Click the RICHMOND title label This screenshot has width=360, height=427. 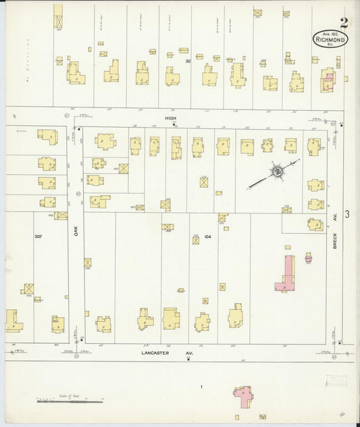[330, 39]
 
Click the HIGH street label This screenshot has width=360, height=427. [172, 118]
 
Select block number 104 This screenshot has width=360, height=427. [207, 237]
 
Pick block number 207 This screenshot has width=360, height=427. [38, 236]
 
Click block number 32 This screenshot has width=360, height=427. [189, 61]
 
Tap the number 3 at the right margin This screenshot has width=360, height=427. [346, 214]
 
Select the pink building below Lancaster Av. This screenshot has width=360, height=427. [242, 396]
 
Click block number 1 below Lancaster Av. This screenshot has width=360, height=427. [201, 386]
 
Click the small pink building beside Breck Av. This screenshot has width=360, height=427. [309, 257]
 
